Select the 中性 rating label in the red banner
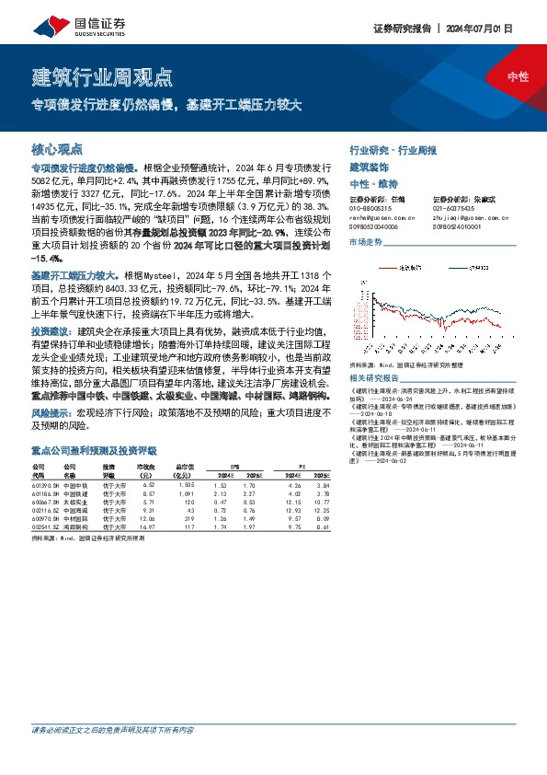coord(518,77)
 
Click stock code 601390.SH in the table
coord(46,485)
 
